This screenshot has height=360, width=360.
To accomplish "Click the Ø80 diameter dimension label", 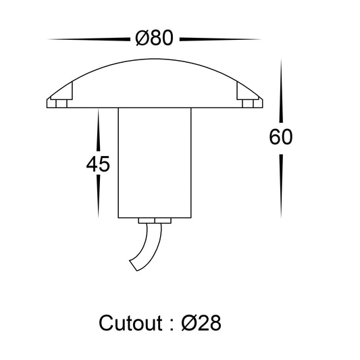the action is point(154,38).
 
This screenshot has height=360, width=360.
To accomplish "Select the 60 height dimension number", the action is point(281,137).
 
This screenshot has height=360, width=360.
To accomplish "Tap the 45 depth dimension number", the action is point(98,164).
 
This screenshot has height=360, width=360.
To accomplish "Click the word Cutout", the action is point(130,323).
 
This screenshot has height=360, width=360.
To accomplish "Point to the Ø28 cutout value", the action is point(201,323).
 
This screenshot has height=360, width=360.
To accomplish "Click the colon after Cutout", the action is point(172,325).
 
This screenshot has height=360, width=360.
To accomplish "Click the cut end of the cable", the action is point(133,265).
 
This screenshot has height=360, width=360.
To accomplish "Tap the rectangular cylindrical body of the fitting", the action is point(155,163).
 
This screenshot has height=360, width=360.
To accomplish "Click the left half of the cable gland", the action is point(147,221).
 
